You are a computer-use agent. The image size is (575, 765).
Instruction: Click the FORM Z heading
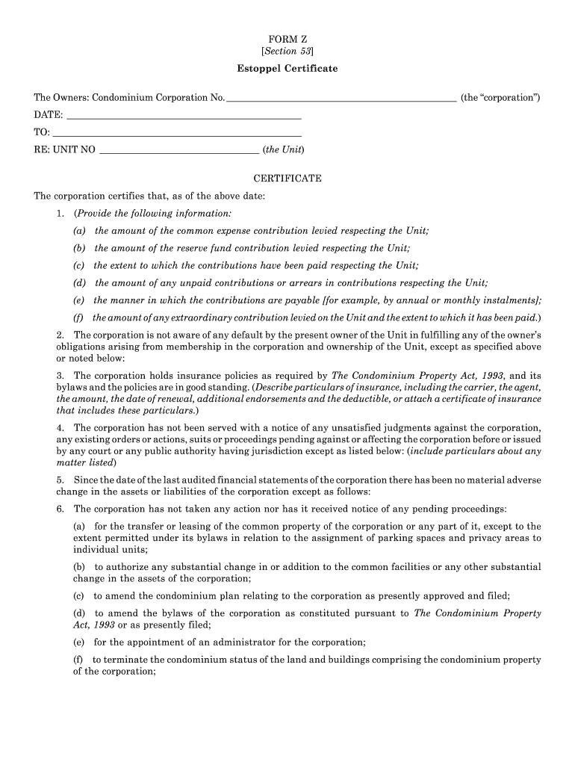pos(287,37)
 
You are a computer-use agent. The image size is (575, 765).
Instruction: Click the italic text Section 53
pos(287,51)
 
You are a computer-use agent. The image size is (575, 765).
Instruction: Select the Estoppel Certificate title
pos(287,69)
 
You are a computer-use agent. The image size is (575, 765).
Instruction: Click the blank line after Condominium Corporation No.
pos(341,99)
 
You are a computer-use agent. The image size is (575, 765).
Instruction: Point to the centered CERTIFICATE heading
pos(287,179)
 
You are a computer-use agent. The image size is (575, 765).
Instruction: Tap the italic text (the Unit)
pos(283,149)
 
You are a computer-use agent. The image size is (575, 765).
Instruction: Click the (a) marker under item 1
pos(79,231)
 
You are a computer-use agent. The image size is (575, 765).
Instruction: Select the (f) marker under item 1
pos(78,318)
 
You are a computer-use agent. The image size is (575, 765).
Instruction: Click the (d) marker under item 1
pos(79,283)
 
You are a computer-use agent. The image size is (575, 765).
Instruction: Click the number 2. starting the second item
pos(60,335)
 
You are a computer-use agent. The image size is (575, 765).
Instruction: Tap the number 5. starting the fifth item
pos(60,480)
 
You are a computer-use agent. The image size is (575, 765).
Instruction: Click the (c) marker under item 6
pos(78,596)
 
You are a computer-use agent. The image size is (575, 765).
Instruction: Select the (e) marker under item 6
pos(78,642)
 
